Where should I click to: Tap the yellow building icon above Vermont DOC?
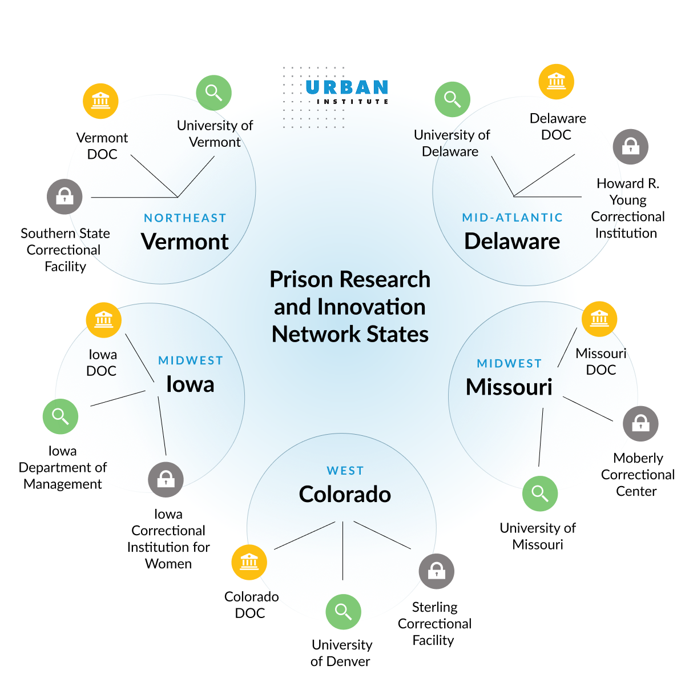(x=100, y=101)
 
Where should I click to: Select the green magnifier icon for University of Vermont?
(x=213, y=93)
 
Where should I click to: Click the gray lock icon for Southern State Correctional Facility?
(x=65, y=196)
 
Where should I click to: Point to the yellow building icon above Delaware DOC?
(x=556, y=81)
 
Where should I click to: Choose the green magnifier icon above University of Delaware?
(x=452, y=99)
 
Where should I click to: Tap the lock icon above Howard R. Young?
(x=630, y=146)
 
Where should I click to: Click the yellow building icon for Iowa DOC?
(x=104, y=319)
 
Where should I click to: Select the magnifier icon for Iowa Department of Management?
(x=61, y=416)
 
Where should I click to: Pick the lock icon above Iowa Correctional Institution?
(x=166, y=479)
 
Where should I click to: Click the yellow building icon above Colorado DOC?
(x=249, y=562)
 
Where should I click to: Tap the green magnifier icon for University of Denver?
(x=343, y=612)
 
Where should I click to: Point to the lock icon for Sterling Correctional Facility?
(x=436, y=571)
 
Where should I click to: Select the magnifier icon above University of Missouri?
(x=539, y=493)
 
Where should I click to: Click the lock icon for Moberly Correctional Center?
(x=640, y=423)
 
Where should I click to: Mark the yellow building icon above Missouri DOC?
(x=599, y=318)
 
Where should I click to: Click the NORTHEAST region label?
(x=185, y=218)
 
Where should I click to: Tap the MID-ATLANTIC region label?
(x=512, y=218)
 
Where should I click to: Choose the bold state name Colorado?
(x=345, y=495)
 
